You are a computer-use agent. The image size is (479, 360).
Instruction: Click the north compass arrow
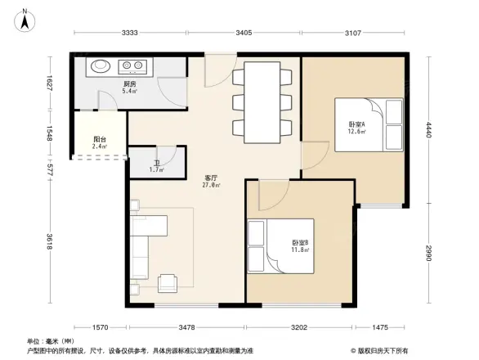click(25, 19)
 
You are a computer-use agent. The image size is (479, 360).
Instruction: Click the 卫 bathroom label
click(155, 165)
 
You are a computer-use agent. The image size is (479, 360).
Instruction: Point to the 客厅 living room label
click(211, 181)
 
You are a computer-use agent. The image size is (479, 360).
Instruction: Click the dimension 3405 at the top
click(244, 33)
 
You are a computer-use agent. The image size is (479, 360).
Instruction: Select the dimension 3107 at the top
click(353, 33)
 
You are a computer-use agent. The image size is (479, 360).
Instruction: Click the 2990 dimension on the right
click(427, 254)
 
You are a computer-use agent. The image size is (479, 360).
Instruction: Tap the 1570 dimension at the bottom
click(100, 327)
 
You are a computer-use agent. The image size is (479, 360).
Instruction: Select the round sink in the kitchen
click(102, 67)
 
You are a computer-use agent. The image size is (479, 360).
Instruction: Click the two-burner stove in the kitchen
click(133, 66)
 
